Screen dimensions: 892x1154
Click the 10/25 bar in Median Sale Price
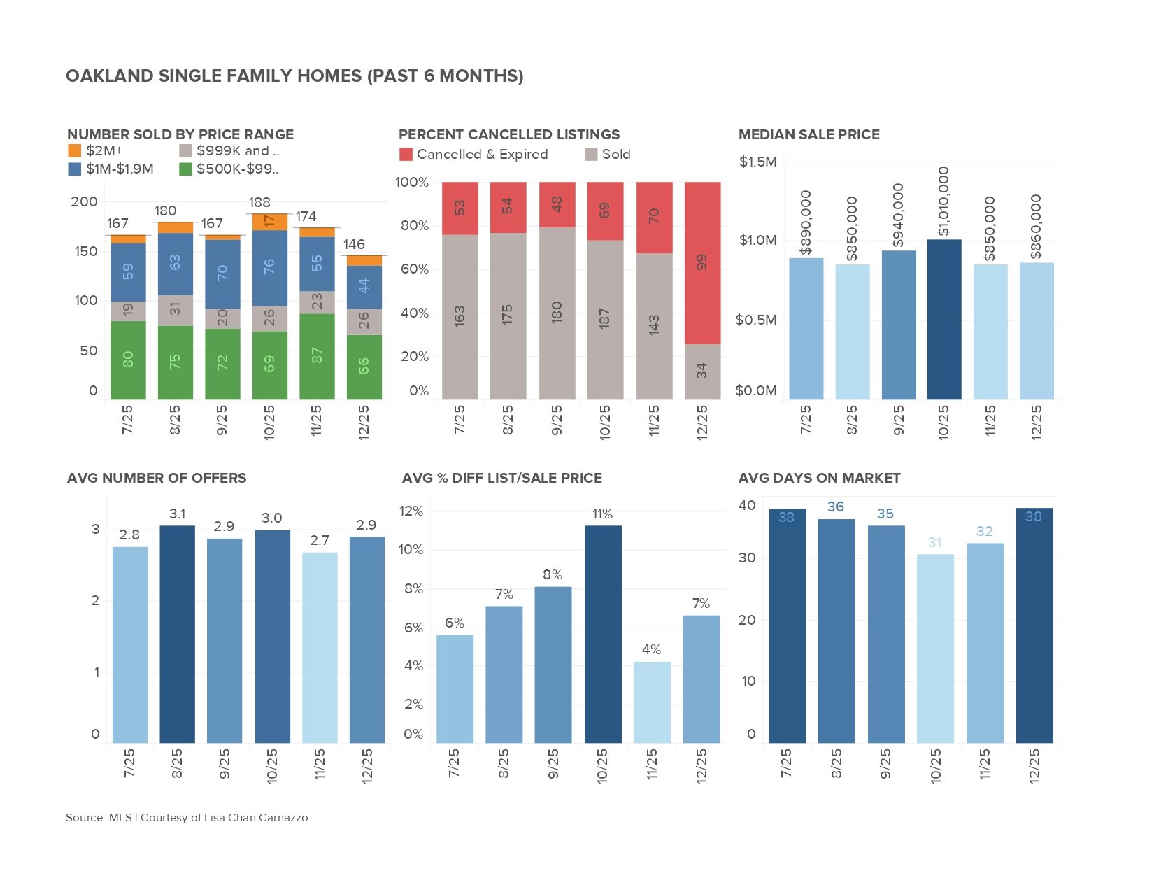pyautogui.click(x=944, y=320)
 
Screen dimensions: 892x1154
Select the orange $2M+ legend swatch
pyautogui.click(x=75, y=150)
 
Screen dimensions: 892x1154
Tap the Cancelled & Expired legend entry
pyautogui.click(x=474, y=155)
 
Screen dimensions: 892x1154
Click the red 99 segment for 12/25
pyautogui.click(x=702, y=263)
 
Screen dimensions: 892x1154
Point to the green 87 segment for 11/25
pyautogui.click(x=317, y=356)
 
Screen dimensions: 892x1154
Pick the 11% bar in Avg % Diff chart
pyautogui.click(x=603, y=634)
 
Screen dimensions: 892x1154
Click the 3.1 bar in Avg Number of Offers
pyautogui.click(x=178, y=634)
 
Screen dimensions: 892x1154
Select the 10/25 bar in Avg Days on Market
pyautogui.click(x=935, y=648)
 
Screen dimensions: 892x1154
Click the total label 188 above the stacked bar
pyautogui.click(x=259, y=202)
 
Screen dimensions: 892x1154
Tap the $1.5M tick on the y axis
pyautogui.click(x=757, y=162)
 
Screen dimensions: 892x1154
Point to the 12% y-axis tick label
pyautogui.click(x=411, y=511)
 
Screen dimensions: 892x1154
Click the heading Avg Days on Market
pyautogui.click(x=819, y=478)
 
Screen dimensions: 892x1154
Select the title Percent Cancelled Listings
pyautogui.click(x=509, y=134)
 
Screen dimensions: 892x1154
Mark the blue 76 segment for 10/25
pyautogui.click(x=269, y=267)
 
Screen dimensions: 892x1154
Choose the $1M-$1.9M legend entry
pyautogui.click(x=111, y=169)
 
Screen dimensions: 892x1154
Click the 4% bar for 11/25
pyautogui.click(x=652, y=702)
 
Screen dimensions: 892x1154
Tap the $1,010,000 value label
pyautogui.click(x=943, y=201)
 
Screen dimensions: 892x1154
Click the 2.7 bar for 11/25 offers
pyautogui.click(x=320, y=647)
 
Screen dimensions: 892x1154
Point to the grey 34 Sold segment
pyautogui.click(x=702, y=371)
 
